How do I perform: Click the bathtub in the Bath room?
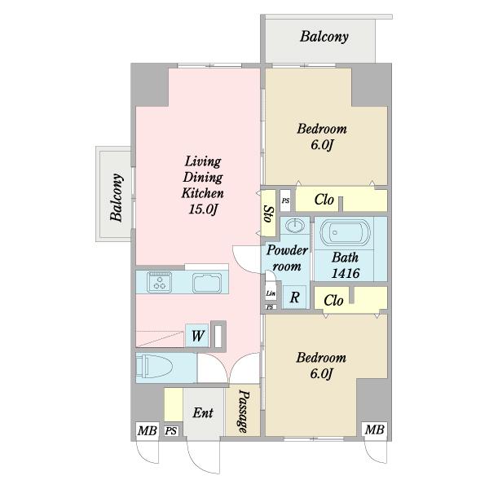pos(346,232)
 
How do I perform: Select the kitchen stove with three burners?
pos(160,282)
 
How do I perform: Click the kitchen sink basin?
pos(207,283)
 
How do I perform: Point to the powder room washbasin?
pos(295,226)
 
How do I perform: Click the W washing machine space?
pos(197,336)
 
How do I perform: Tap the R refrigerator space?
pos(294,297)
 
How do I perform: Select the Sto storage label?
pos(268,214)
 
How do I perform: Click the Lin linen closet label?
pos(271,293)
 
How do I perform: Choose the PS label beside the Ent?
pos(171,431)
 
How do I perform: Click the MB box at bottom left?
pos(148,431)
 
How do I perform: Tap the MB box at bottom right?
pos(374,430)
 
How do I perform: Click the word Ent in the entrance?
pos(203,412)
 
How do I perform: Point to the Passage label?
pos(244,412)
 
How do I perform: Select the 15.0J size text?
pos(203,209)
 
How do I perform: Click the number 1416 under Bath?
pos(346,274)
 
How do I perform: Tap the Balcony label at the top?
pos(324,37)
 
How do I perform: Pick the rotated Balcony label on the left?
pos(117,197)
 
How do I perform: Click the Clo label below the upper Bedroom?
pos(324,200)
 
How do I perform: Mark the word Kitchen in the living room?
pos(203,193)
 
